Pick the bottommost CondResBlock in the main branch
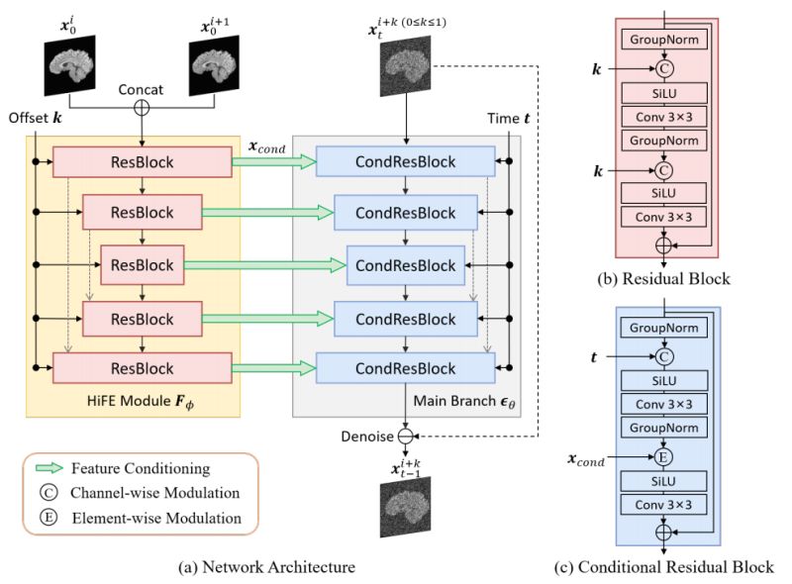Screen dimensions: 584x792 [x=406, y=368]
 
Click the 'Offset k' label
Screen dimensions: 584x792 [x=37, y=118]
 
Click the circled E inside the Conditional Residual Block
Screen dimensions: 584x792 [x=662, y=459]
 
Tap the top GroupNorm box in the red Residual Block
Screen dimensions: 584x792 [x=662, y=41]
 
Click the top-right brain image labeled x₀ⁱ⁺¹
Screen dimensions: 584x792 [x=216, y=62]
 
